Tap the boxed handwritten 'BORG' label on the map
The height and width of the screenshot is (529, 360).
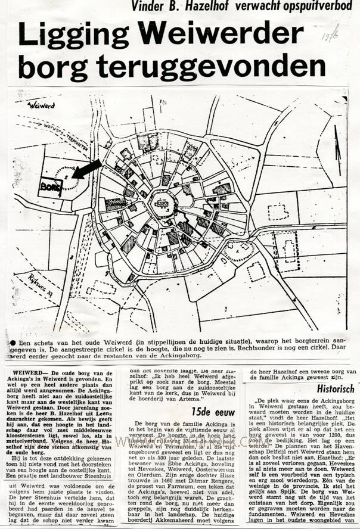point(46,185)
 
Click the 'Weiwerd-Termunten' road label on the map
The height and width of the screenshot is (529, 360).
point(66,135)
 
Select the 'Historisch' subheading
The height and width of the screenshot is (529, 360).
point(336,388)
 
